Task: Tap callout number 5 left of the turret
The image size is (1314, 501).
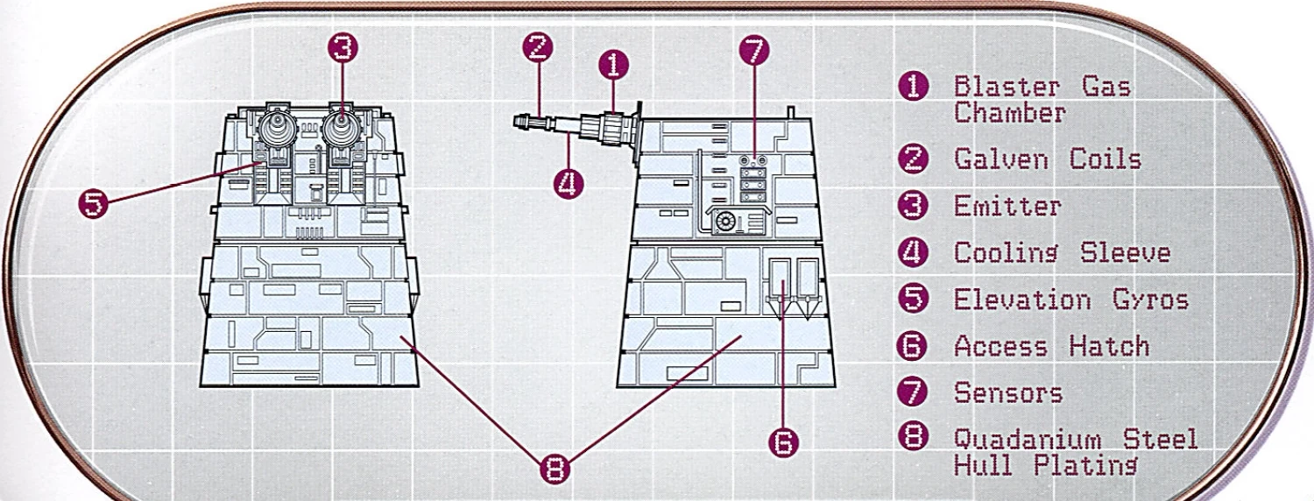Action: [x=94, y=203]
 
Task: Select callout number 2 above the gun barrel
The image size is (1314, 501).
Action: [x=538, y=46]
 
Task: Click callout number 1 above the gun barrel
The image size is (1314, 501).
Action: [x=614, y=64]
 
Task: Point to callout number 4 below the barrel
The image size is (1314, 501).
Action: [x=569, y=183]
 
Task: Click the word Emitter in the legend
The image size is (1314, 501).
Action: [x=1007, y=207]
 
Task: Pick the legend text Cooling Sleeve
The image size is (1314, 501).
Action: [x=1062, y=253]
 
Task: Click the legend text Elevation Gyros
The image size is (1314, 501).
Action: [x=1070, y=300]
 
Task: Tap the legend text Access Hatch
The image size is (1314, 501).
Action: [x=1051, y=346]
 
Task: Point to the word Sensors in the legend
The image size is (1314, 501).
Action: [x=1007, y=392]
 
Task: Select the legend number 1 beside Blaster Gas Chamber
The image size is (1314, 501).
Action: [x=914, y=86]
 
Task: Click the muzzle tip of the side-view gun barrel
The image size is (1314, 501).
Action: [x=518, y=121]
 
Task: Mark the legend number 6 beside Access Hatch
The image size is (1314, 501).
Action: [x=913, y=346]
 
